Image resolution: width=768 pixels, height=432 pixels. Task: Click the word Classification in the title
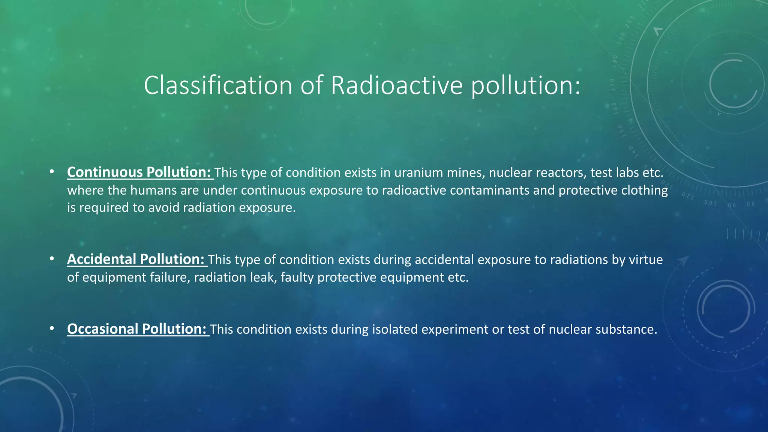pos(217,85)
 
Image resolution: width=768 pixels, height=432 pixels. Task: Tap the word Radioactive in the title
pos(397,85)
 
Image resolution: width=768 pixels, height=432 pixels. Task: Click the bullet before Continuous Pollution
pos(52,172)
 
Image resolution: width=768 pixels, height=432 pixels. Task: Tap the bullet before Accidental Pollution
pos(52,259)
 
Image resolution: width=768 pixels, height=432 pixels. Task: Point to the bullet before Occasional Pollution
pos(52,329)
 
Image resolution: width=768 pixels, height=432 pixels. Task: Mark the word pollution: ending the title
pos(525,85)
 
